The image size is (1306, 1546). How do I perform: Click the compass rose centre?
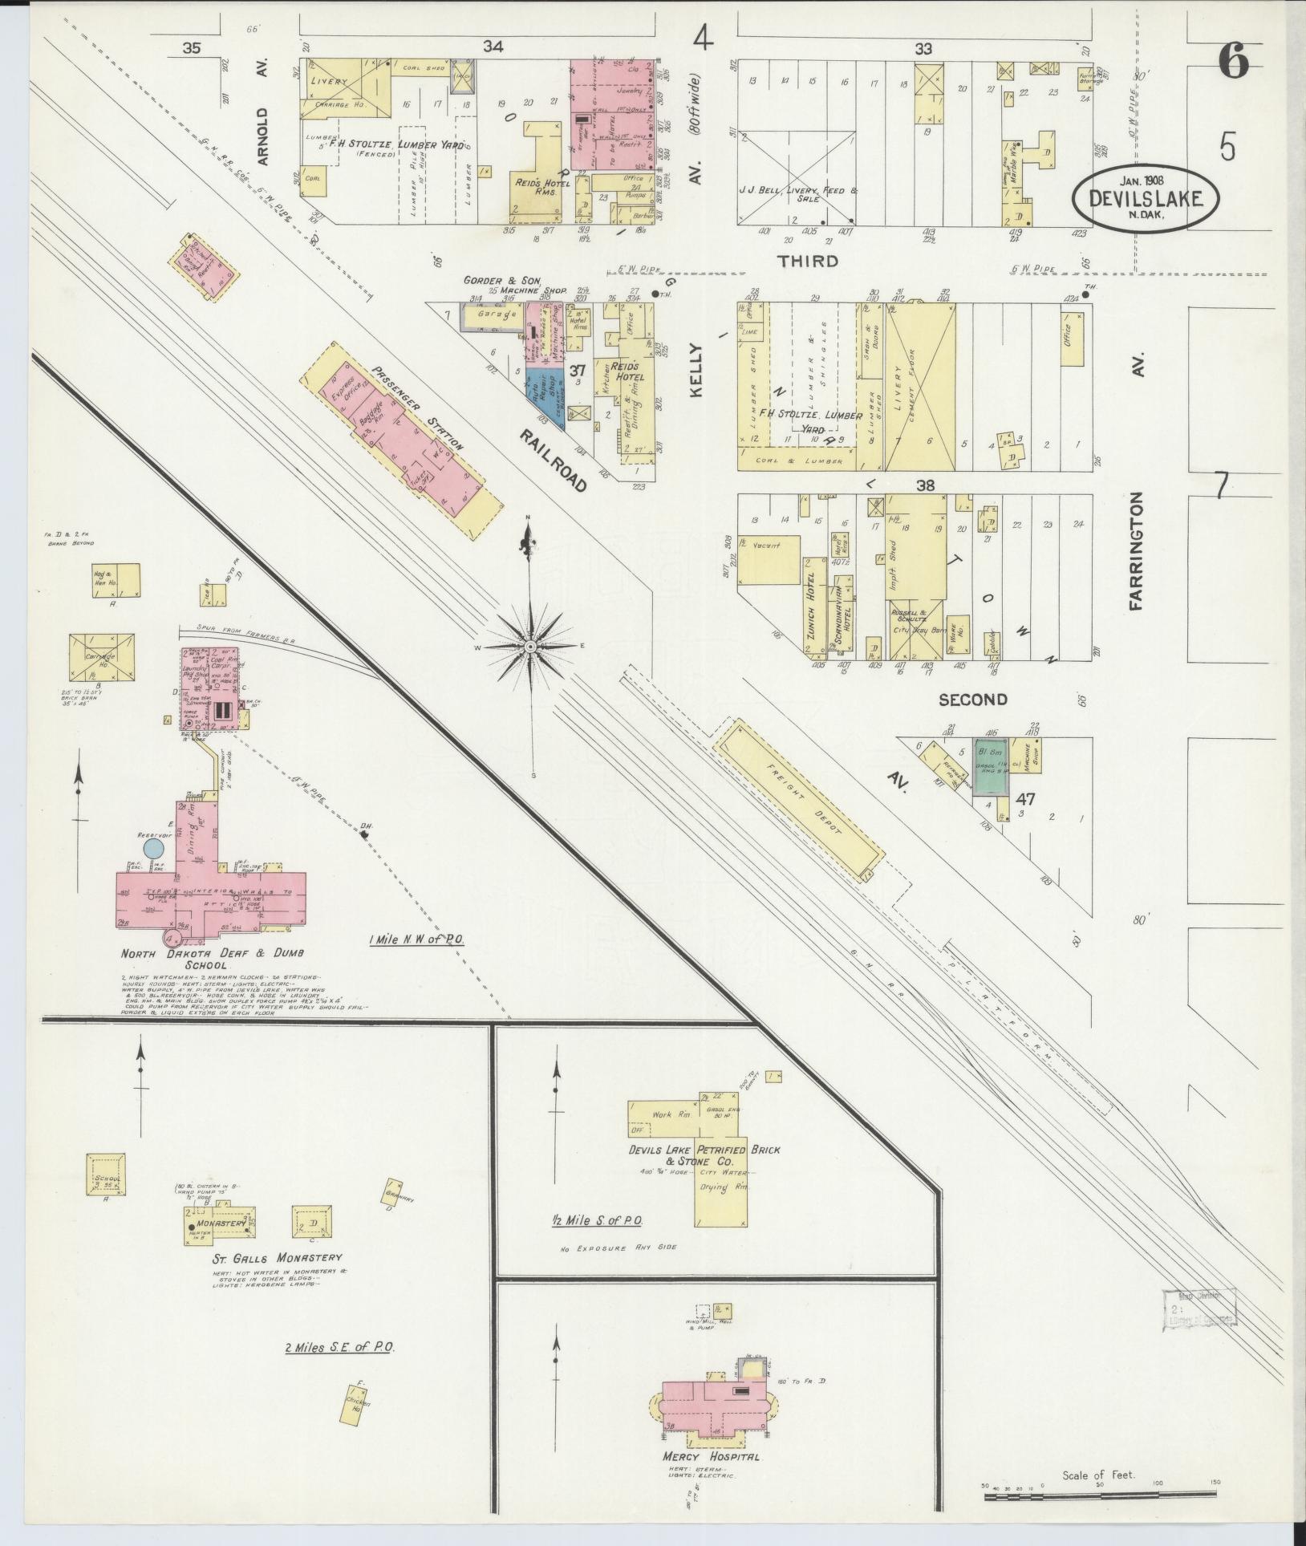530,645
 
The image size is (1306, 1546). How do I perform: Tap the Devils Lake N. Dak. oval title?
1146,197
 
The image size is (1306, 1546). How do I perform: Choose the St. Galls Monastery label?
277,1257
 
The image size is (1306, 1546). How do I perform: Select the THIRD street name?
808,261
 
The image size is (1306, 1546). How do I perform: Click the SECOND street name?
972,700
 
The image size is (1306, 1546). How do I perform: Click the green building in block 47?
990,767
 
